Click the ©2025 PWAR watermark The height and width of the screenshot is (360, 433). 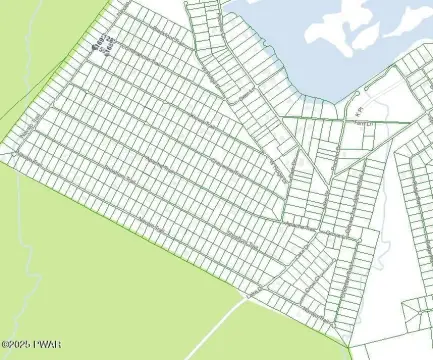(31, 346)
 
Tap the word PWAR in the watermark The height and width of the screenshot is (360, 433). (46, 346)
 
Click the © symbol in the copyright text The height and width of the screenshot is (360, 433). (6, 346)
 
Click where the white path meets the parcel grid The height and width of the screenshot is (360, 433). (246, 294)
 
